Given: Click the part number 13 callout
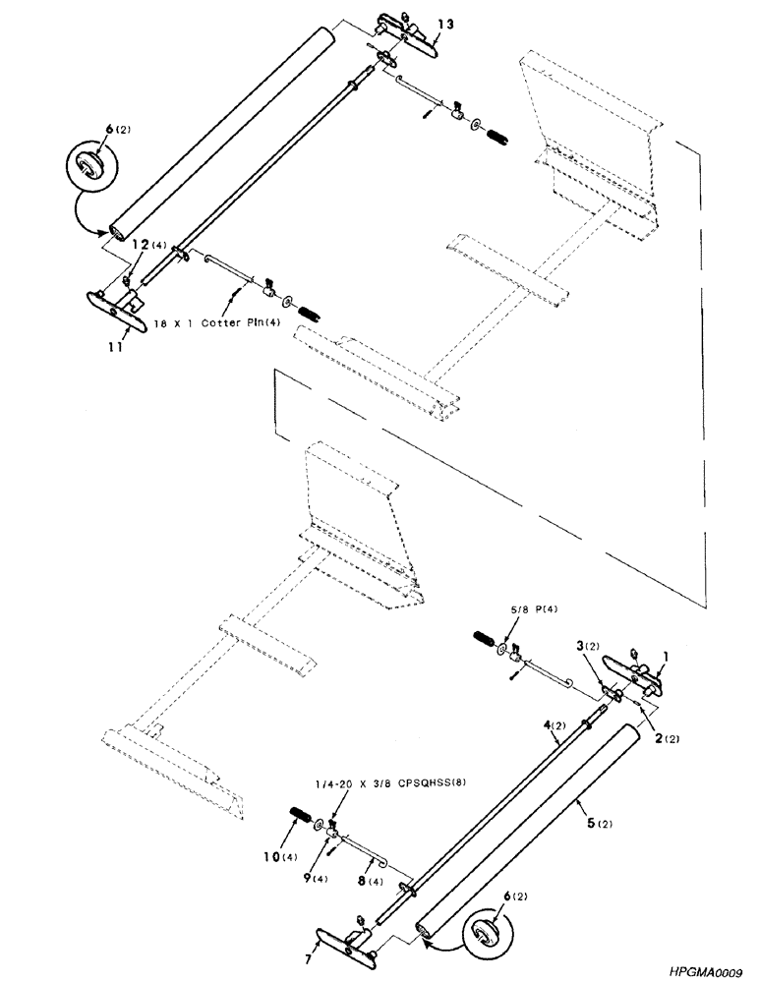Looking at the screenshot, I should [x=445, y=24].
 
